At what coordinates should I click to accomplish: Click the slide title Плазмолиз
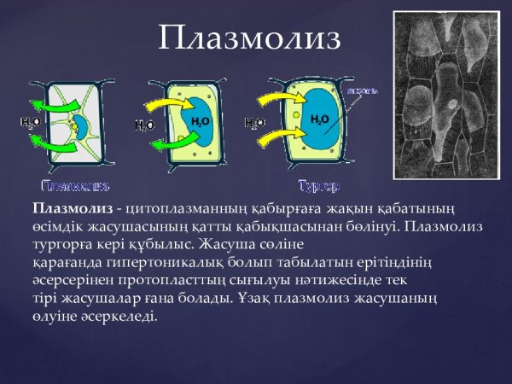249,39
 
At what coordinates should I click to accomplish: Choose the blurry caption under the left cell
76,185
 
